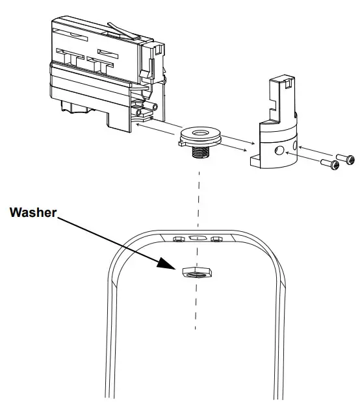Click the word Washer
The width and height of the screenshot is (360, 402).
[x=33, y=212]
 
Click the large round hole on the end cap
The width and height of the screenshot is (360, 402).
[x=279, y=151]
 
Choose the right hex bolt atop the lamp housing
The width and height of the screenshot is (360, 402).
[x=216, y=240]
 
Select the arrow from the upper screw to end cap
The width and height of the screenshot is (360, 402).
[x=318, y=151]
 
